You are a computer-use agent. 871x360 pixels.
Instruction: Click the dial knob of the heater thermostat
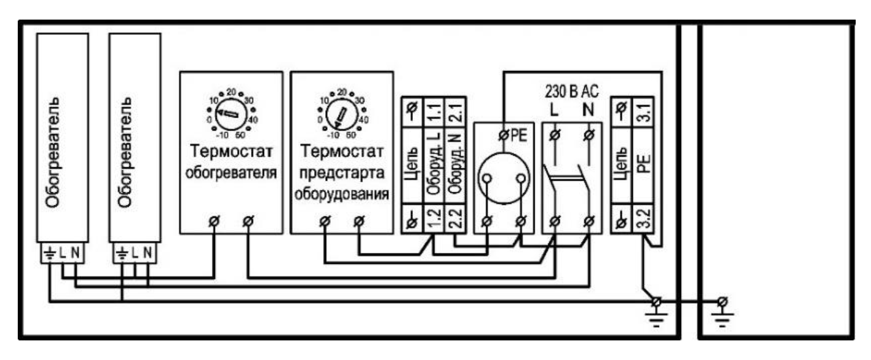pyautogui.click(x=231, y=114)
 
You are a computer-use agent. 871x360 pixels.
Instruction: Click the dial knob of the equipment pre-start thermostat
pyautogui.click(x=342, y=114)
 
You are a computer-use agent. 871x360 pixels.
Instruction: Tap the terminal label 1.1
pyautogui.click(x=434, y=112)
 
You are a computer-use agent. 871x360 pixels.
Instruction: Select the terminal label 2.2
pyautogui.click(x=455, y=219)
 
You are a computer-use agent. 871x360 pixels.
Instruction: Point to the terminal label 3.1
pyautogui.click(x=644, y=112)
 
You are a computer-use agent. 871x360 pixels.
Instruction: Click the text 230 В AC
pyautogui.click(x=571, y=91)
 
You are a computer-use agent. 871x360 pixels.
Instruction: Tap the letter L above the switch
pyautogui.click(x=554, y=110)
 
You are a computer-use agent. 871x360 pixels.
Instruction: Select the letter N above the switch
pyautogui.click(x=588, y=110)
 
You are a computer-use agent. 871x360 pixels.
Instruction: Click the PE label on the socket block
pyautogui.click(x=519, y=135)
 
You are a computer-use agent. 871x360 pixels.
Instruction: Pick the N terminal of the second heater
pyautogui.click(x=148, y=253)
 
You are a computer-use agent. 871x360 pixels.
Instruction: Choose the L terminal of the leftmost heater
pyautogui.click(x=62, y=253)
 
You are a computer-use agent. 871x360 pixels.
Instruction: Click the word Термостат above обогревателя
pyautogui.click(x=231, y=151)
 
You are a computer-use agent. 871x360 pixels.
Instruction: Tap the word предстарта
pyautogui.click(x=342, y=173)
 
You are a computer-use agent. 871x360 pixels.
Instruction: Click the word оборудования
pyautogui.click(x=342, y=194)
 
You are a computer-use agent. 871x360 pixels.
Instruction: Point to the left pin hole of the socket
pyautogui.click(x=487, y=178)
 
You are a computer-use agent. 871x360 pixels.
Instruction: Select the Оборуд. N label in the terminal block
pyautogui.click(x=455, y=164)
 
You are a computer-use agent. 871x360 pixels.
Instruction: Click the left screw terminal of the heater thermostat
pyautogui.click(x=214, y=222)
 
